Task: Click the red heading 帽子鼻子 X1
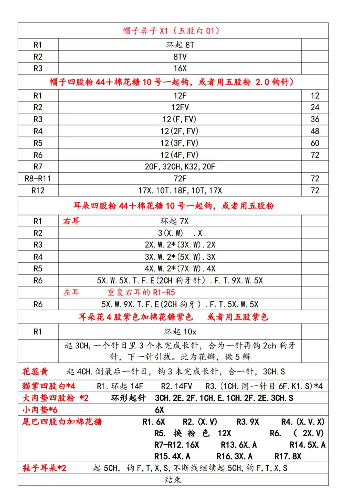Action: tap(171, 31)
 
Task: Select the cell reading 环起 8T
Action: tap(180, 45)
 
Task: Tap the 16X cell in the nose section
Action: tap(180, 69)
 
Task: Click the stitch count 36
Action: tap(315, 119)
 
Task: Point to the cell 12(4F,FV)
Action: tap(180, 155)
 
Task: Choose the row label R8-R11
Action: tap(38, 179)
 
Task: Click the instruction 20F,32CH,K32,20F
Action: tap(180, 167)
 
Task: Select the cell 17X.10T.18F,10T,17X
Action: tap(180, 191)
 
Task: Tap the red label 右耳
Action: tap(72, 221)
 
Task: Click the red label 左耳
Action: tap(72, 292)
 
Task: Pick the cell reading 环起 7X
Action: tap(174, 221)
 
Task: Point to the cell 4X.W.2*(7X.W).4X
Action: tap(180, 269)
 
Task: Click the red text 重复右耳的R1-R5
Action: tap(141, 292)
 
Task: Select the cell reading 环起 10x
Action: tap(180, 332)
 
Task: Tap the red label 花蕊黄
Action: tap(35, 372)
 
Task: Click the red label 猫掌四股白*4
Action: tap(48, 386)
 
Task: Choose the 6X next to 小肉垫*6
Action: tap(159, 410)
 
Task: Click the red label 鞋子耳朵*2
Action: tap(44, 468)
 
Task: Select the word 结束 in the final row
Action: tap(173, 480)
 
